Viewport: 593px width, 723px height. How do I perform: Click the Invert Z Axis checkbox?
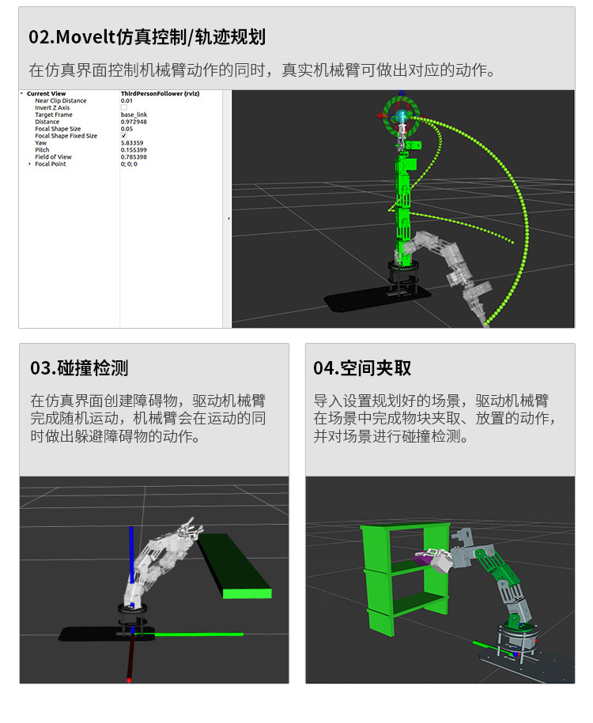pyautogui.click(x=123, y=107)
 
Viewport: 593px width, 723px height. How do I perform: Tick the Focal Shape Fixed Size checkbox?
pyautogui.click(x=123, y=136)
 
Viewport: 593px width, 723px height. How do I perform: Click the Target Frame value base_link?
pyautogui.click(x=134, y=115)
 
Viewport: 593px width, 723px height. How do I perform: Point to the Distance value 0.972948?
pyautogui.click(x=135, y=122)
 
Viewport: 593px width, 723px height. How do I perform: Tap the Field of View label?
pyautogui.click(x=53, y=157)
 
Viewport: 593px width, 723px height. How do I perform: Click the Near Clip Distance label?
pyautogui.click(x=61, y=100)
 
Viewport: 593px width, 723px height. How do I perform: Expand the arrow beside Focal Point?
pyautogui.click(x=30, y=164)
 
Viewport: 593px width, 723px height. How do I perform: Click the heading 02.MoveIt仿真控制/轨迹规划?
pyautogui.click(x=146, y=37)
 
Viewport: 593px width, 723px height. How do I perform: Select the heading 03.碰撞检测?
pyautogui.click(x=79, y=368)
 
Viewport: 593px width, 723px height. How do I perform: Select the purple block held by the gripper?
pyautogui.click(x=424, y=558)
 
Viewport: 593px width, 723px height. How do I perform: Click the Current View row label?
pyautogui.click(x=47, y=93)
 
